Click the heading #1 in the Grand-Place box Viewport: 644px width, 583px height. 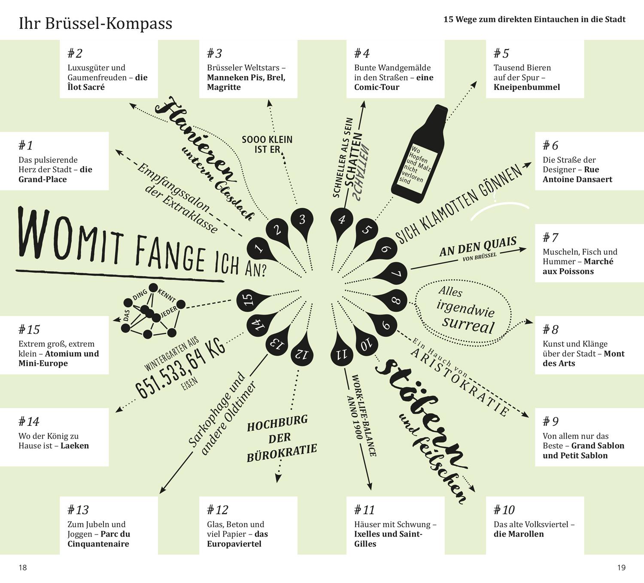[26, 146]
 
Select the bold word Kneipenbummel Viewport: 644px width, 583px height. [526, 87]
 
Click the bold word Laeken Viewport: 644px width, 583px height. [75, 446]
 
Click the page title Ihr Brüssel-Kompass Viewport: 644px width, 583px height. [95, 23]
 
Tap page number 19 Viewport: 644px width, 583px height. [621, 568]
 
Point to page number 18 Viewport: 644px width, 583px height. [23, 568]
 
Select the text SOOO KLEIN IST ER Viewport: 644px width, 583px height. [267, 144]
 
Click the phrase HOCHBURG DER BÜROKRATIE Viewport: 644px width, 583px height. [281, 438]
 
